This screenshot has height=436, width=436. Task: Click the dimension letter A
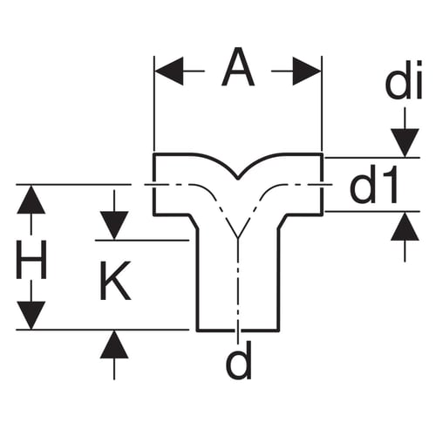tap(238, 67)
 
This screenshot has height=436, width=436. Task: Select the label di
tap(404, 80)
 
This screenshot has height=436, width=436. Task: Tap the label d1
tap(373, 185)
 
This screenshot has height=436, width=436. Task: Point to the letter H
tap(31, 260)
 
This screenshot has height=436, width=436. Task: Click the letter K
tap(115, 281)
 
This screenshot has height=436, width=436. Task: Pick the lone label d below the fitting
tap(239, 360)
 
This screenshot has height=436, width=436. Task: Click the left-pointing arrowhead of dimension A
tap(169, 71)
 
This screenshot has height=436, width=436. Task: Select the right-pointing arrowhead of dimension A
tap(307, 71)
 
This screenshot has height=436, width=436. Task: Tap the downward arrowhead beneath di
tap(405, 143)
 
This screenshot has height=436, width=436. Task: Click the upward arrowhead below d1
tap(405, 226)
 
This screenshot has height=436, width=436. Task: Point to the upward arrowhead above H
tap(31, 200)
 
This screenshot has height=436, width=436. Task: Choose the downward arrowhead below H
tap(31, 316)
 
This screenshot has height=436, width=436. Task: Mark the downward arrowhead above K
tap(114, 226)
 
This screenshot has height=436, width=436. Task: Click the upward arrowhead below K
tap(114, 344)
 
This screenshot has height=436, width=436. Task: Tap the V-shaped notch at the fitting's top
tap(238, 178)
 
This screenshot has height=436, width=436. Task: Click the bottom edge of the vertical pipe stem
tap(238, 330)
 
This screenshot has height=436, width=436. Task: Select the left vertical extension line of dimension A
tap(154, 103)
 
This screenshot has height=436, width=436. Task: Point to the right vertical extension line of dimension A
tap(322, 103)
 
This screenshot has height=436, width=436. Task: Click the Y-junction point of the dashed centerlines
tap(238, 238)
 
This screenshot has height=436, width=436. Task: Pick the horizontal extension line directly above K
tap(142, 241)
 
